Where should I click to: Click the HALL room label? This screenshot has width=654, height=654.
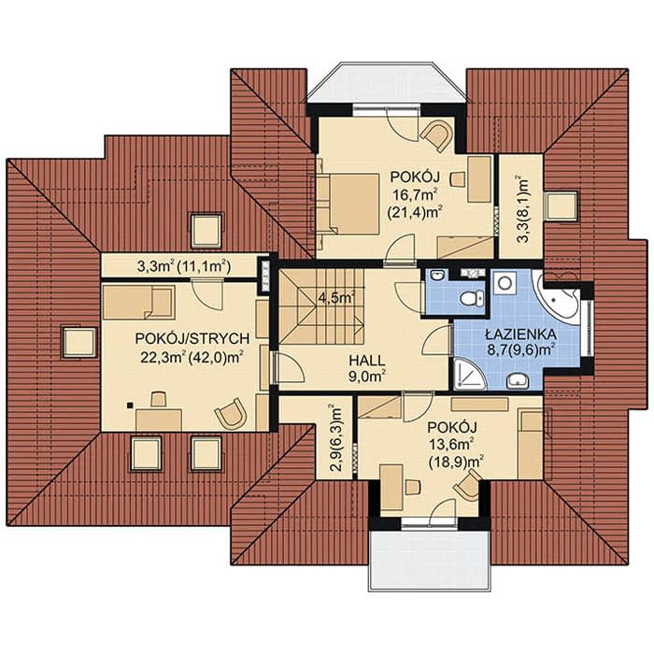pos(367,360)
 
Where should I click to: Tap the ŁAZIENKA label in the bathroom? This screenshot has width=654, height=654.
pos(520,334)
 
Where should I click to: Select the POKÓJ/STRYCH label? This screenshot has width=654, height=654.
pos(192,338)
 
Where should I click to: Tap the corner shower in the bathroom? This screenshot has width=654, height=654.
pos(469,374)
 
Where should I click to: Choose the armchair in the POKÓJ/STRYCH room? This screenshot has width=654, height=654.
pos(231,413)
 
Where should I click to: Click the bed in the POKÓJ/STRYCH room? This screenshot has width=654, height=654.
pos(138,303)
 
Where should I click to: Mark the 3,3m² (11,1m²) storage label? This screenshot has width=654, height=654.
pos(184,266)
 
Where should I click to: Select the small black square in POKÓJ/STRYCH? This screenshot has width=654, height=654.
pos(131,405)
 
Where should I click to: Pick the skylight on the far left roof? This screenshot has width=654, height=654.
pos(78,342)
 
